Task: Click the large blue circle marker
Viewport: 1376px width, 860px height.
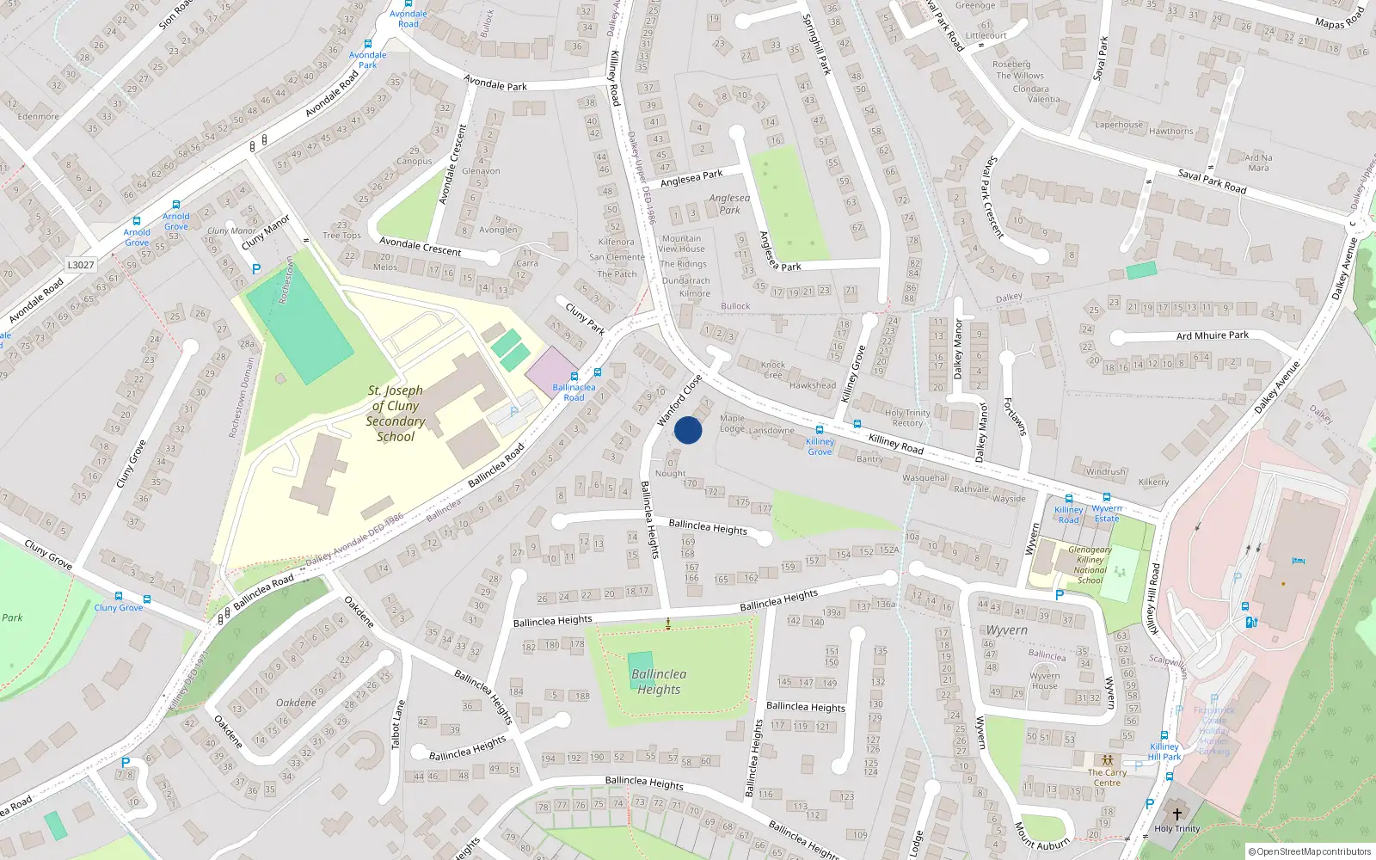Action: pyautogui.click(x=688, y=430)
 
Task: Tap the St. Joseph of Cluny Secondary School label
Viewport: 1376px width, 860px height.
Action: pyautogui.click(x=396, y=414)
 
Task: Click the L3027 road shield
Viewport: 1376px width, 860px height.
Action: pyautogui.click(x=81, y=265)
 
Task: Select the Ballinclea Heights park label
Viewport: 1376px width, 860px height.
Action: pyautogui.click(x=659, y=682)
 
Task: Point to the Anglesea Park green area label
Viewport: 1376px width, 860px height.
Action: pyautogui.click(x=729, y=204)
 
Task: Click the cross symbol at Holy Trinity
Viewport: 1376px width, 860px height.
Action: pyautogui.click(x=1177, y=814)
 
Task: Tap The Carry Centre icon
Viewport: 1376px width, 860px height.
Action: pyautogui.click(x=1107, y=761)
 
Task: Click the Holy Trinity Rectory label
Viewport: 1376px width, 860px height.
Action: pyautogui.click(x=907, y=418)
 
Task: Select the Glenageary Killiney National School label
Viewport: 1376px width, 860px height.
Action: pyautogui.click(x=1090, y=565)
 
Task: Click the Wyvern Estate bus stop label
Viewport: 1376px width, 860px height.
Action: pyautogui.click(x=1107, y=513)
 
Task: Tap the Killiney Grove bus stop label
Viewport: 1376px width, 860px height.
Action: pyautogui.click(x=820, y=446)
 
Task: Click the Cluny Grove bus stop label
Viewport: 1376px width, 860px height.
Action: pyautogui.click(x=119, y=607)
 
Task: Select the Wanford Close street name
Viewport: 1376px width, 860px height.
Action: pyautogui.click(x=679, y=401)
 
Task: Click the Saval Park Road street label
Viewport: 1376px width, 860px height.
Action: pyautogui.click(x=1212, y=181)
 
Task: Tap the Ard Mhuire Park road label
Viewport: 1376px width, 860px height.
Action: pyautogui.click(x=1212, y=335)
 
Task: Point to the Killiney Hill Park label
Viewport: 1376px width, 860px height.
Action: pyautogui.click(x=1164, y=752)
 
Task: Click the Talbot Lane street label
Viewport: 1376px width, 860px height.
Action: pyautogui.click(x=397, y=724)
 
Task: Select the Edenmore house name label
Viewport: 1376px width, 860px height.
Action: pyautogui.click(x=39, y=116)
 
